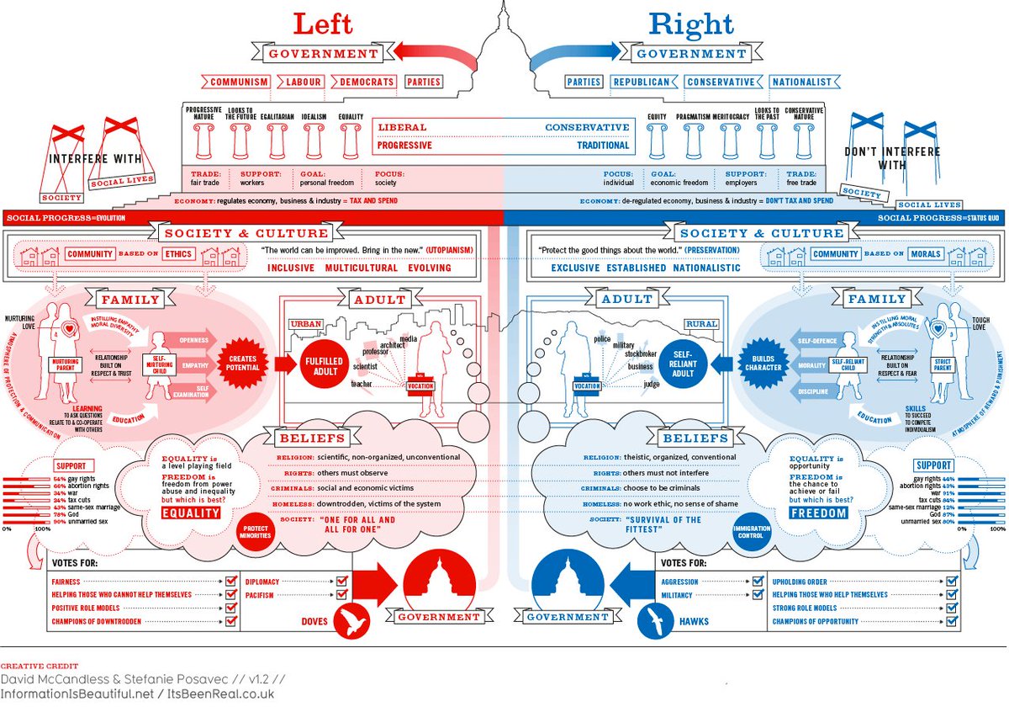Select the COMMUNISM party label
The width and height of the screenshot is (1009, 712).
(x=240, y=82)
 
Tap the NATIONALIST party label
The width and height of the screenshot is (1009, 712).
(x=803, y=82)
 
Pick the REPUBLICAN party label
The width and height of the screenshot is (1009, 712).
(x=642, y=82)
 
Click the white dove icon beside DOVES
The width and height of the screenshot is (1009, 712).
(x=355, y=621)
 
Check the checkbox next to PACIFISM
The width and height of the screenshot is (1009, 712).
(x=341, y=596)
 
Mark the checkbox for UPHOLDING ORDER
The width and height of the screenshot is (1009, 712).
(x=952, y=582)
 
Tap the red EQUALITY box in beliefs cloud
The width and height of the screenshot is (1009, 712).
(x=190, y=513)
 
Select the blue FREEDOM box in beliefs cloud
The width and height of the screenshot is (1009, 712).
(x=819, y=512)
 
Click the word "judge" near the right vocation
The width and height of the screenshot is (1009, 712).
(x=652, y=384)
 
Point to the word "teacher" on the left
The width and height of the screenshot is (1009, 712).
(x=362, y=383)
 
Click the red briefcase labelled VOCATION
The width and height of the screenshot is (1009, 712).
(x=420, y=385)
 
